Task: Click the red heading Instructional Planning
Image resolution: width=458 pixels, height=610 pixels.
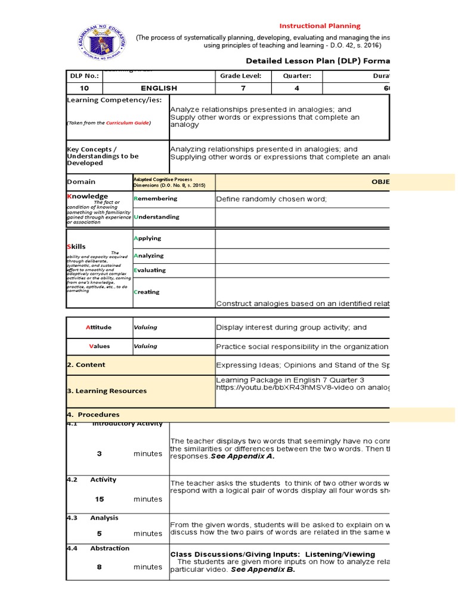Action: tap(320, 26)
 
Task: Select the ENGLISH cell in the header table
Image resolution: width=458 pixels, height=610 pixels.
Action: tap(159, 88)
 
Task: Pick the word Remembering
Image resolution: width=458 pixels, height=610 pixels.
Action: tap(156, 198)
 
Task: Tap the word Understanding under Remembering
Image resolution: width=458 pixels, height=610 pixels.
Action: tap(157, 217)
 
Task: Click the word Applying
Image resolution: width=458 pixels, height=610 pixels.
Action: tap(148, 238)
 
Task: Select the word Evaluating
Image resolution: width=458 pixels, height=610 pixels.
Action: tap(150, 270)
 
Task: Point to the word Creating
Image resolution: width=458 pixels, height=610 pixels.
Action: tap(147, 292)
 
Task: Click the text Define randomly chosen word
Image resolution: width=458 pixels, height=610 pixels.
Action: tap(271, 199)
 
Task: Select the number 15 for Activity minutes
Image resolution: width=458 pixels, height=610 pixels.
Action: tap(100, 499)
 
